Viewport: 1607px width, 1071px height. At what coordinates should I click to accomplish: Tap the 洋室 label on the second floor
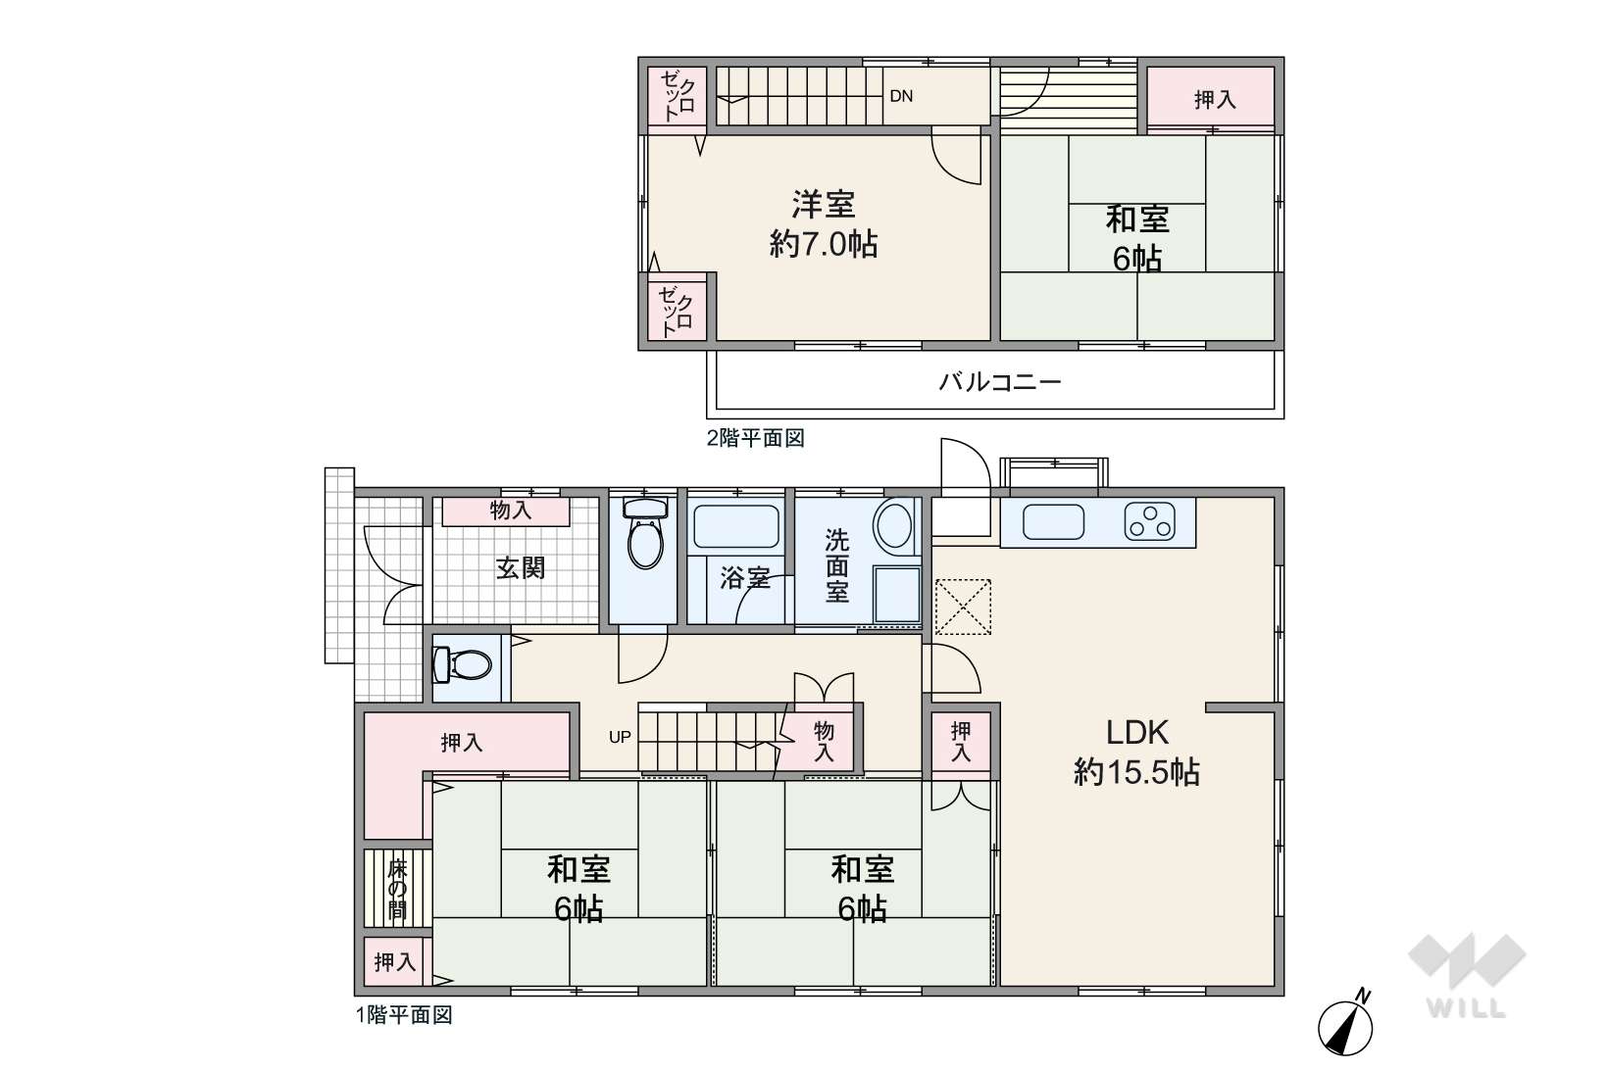(x=824, y=205)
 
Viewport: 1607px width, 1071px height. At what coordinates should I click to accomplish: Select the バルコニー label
(x=1000, y=381)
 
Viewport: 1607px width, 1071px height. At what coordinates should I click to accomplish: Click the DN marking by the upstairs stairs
(x=901, y=96)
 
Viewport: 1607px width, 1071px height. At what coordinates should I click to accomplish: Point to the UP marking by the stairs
(x=620, y=737)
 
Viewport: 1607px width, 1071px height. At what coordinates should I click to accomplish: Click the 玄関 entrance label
(x=521, y=567)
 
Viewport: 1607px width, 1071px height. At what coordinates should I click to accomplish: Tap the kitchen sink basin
(x=1053, y=522)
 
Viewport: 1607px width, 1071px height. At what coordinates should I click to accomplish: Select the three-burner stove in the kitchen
(x=1150, y=522)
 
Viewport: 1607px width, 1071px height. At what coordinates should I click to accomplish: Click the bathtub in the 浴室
(x=736, y=526)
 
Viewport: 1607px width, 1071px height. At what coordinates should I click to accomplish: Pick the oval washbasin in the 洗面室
(x=894, y=525)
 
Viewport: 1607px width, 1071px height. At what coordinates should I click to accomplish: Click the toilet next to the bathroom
(x=645, y=533)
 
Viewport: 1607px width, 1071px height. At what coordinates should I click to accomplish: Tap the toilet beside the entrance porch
(x=463, y=664)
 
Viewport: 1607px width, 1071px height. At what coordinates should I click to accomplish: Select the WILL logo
(x=1467, y=976)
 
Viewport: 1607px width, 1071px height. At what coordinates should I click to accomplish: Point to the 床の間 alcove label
(x=397, y=890)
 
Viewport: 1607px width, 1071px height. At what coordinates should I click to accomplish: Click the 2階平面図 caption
(x=755, y=438)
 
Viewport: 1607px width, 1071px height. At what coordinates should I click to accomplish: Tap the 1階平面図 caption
(x=404, y=1015)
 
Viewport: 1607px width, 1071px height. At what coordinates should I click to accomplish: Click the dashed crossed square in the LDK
(x=963, y=607)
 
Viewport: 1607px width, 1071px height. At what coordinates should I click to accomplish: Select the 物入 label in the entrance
(x=511, y=511)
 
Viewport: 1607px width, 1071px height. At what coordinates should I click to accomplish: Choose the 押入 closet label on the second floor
(x=1215, y=99)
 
